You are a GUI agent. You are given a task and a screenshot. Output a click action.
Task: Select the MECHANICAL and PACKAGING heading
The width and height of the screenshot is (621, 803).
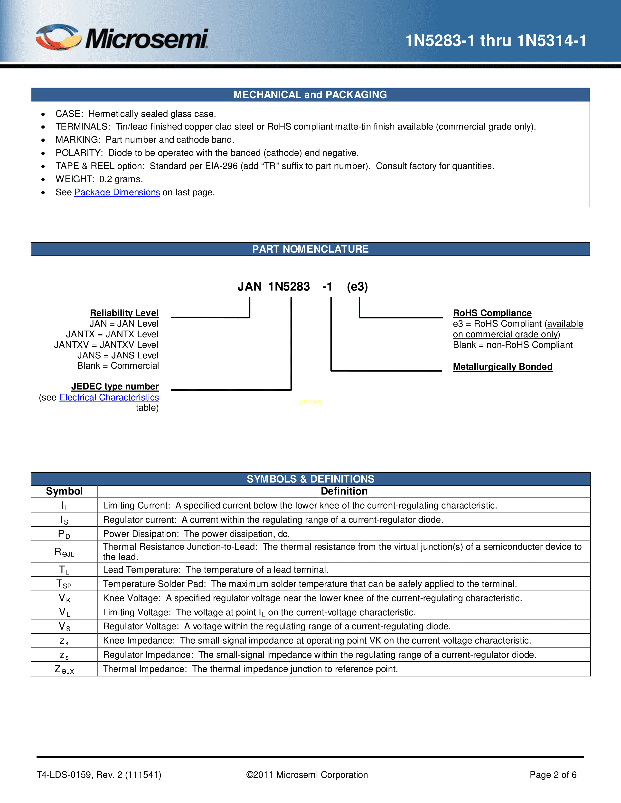click(310, 95)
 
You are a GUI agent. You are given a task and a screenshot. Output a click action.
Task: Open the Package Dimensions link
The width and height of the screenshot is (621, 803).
click(117, 192)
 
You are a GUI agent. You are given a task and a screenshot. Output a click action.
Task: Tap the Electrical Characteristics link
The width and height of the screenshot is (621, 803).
click(109, 397)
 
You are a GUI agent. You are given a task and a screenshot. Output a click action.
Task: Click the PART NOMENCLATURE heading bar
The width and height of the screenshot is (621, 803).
click(310, 249)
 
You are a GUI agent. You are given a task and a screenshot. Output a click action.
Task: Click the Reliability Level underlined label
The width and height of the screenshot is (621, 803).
click(124, 313)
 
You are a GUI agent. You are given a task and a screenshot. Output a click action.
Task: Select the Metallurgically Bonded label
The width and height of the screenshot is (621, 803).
click(503, 366)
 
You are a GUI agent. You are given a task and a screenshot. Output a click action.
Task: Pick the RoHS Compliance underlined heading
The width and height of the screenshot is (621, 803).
click(492, 313)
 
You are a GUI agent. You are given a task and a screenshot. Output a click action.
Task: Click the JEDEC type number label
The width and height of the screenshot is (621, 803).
click(115, 386)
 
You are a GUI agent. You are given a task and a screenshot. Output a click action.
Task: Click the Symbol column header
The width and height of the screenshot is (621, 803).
click(64, 491)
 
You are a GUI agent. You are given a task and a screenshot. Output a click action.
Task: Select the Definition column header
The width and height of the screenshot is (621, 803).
click(344, 491)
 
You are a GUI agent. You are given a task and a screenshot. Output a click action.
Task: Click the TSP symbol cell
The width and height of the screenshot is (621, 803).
click(64, 584)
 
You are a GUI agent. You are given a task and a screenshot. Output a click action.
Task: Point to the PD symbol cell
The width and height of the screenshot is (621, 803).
click(64, 534)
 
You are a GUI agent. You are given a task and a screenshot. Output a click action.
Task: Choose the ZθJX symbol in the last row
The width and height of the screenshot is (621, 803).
click(64, 669)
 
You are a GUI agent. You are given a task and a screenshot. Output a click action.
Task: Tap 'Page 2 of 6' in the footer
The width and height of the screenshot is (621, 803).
click(553, 775)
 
